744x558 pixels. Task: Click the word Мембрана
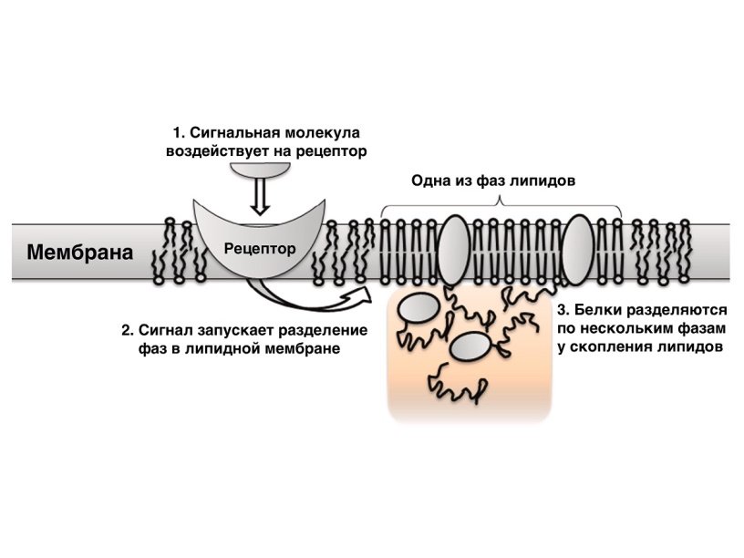[x=79, y=251]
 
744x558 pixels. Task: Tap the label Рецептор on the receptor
[x=260, y=247]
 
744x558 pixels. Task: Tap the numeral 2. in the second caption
[x=127, y=329]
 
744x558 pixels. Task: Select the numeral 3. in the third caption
[x=563, y=309]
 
